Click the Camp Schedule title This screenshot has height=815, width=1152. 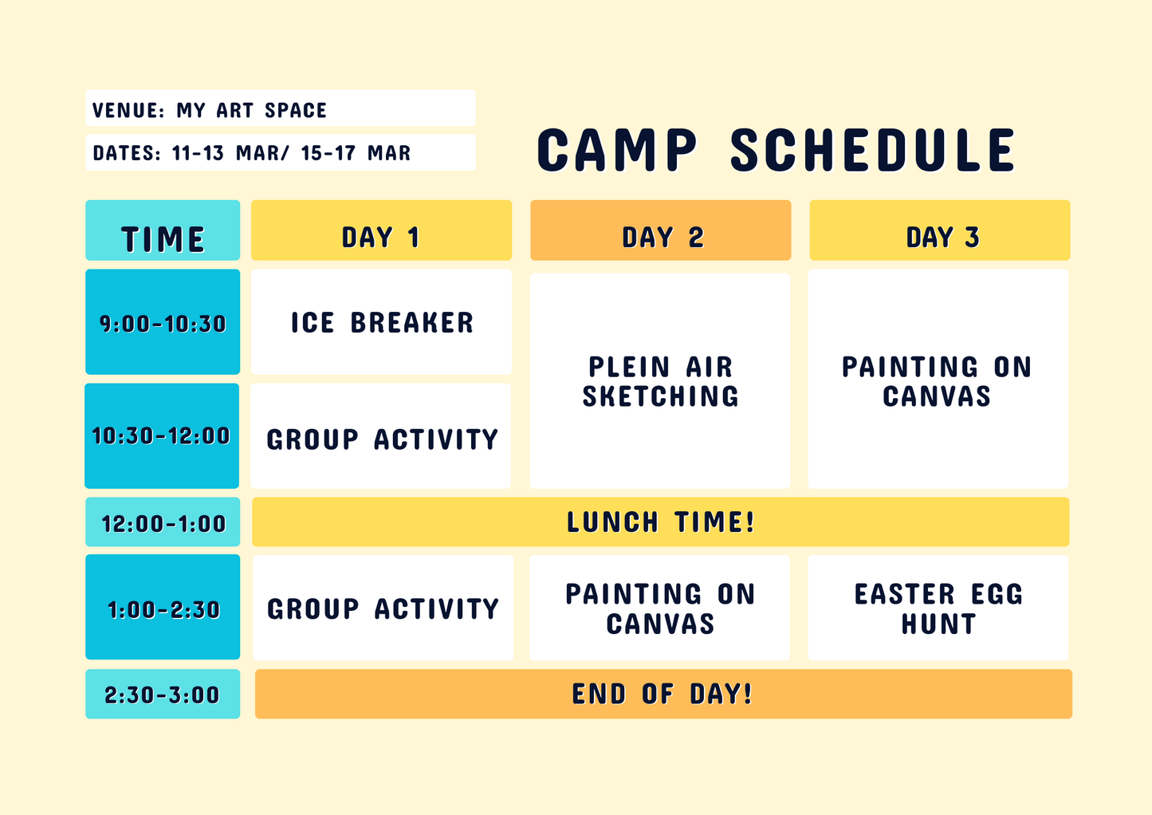click(x=776, y=150)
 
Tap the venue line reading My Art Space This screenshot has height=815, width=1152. click(x=281, y=108)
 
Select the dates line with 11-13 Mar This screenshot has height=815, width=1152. click(x=281, y=152)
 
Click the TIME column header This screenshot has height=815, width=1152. click(x=163, y=230)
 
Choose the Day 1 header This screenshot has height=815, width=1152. click(x=381, y=230)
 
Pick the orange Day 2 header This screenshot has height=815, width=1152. click(x=660, y=230)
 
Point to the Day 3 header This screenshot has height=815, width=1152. click(x=940, y=230)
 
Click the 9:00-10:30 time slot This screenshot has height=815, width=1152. click(x=163, y=321)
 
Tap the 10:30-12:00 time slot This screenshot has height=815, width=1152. click(x=162, y=435)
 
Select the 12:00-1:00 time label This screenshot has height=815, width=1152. click(x=163, y=522)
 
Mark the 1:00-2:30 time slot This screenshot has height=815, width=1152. click(x=163, y=607)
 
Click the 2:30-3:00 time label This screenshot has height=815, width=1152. click(x=163, y=694)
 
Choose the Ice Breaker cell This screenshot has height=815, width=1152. click(x=381, y=321)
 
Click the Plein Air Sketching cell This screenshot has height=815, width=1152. click(x=660, y=380)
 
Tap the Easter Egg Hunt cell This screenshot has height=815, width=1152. click(x=938, y=608)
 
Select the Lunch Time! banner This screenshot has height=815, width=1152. click(x=660, y=522)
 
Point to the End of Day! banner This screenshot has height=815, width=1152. click(x=663, y=694)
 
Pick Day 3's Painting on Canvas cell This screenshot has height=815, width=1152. click(x=938, y=379)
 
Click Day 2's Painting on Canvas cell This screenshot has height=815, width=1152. click(x=659, y=608)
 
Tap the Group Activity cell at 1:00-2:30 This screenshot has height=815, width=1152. click(x=383, y=608)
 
